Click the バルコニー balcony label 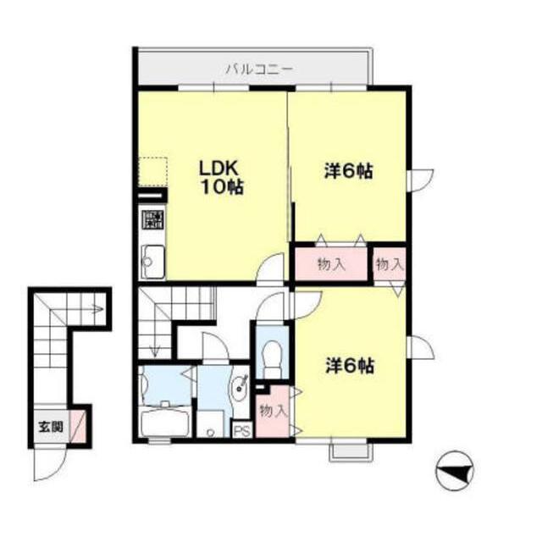pyautogui.click(x=260, y=69)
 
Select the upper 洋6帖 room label pyautogui.click(x=348, y=171)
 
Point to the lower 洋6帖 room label pyautogui.click(x=350, y=366)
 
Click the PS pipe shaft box pyautogui.click(x=242, y=430)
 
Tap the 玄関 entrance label pyautogui.click(x=51, y=427)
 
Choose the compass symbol pyautogui.click(x=455, y=470)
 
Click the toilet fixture pyautogui.click(x=273, y=359)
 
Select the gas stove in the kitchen pyautogui.click(x=153, y=219)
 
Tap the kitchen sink pyautogui.click(x=153, y=262)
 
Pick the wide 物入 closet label pyautogui.click(x=331, y=264)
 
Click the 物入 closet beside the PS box pyautogui.click(x=274, y=411)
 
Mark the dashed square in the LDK pyautogui.click(x=152, y=172)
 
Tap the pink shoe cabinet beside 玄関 pyautogui.click(x=78, y=426)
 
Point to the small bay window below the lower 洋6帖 pyautogui.click(x=351, y=452)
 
